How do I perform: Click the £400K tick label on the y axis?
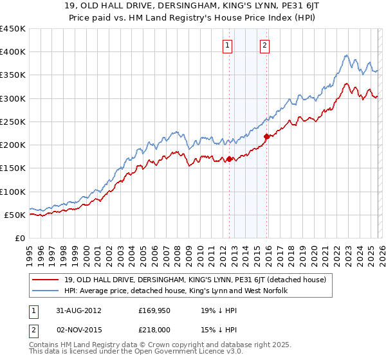pos(13,52)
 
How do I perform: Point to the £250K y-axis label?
pos(13,122)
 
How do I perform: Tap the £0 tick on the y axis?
pos(19,238)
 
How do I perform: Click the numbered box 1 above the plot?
pos(228,45)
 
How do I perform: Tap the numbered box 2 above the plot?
pos(265,45)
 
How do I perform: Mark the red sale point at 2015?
pos(266,136)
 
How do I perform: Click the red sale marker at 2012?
pos(230,159)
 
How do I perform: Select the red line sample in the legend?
pos(47,280)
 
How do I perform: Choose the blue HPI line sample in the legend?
pos(47,291)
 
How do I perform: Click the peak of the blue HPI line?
pos(346,55)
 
